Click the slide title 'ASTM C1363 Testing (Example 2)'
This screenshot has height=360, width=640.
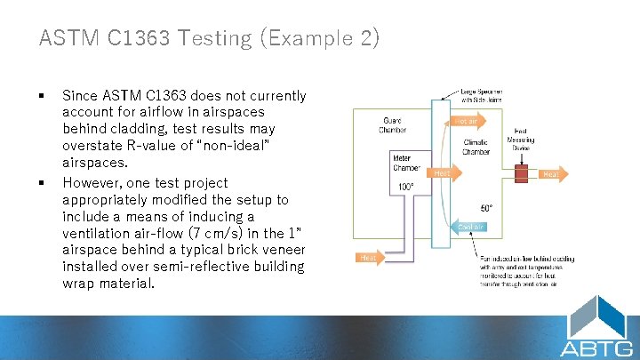click(209, 38)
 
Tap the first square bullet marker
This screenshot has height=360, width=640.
click(42, 95)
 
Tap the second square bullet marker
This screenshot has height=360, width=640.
click(42, 182)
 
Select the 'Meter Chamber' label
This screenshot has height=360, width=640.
click(406, 164)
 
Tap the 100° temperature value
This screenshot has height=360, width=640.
click(406, 187)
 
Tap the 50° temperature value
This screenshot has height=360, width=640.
click(486, 208)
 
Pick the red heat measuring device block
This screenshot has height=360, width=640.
click(518, 174)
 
